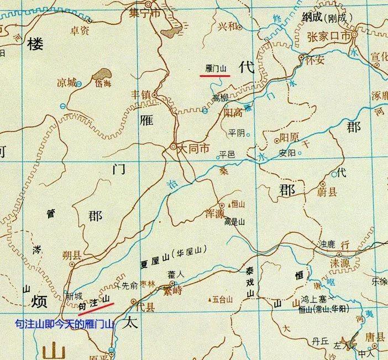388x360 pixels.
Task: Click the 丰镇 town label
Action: (141, 95)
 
